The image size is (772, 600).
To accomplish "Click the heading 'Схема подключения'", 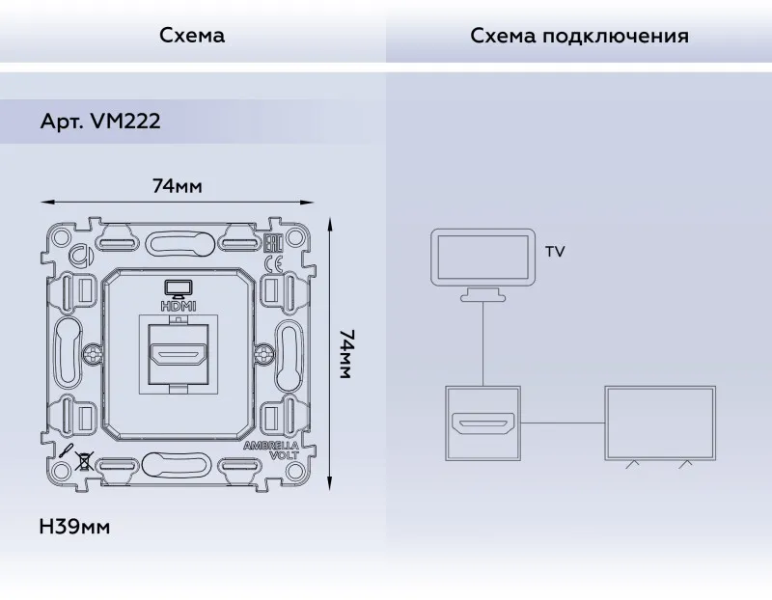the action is pyautogui.click(x=579, y=36).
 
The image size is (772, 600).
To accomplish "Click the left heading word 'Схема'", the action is pyautogui.click(x=192, y=36).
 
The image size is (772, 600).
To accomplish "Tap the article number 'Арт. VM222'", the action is pyautogui.click(x=100, y=122).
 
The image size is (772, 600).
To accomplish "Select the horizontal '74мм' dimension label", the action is pyautogui.click(x=178, y=186).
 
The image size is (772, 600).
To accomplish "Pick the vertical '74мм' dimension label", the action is pyautogui.click(x=346, y=354).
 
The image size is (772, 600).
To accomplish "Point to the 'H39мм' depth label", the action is pyautogui.click(x=74, y=527).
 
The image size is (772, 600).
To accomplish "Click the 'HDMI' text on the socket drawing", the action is pyautogui.click(x=179, y=306).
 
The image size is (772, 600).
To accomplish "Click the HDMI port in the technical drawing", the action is pyautogui.click(x=179, y=354).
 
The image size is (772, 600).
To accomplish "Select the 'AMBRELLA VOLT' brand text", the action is pyautogui.click(x=271, y=450).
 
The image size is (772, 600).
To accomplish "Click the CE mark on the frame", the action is pyautogui.click(x=274, y=264).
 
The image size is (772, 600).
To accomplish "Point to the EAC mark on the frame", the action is pyautogui.click(x=272, y=243).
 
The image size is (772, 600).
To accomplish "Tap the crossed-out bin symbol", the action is pyautogui.click(x=84, y=461).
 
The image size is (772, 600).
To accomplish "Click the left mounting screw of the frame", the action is pyautogui.click(x=93, y=354).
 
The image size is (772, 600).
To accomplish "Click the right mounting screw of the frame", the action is pyautogui.click(x=263, y=354).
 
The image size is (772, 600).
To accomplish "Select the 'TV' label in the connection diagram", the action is pyautogui.click(x=555, y=252).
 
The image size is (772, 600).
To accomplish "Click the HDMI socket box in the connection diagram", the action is pyautogui.click(x=483, y=423).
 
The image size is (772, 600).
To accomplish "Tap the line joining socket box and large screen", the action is pyautogui.click(x=563, y=423).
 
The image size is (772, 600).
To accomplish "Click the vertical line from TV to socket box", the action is pyautogui.click(x=483, y=343).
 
